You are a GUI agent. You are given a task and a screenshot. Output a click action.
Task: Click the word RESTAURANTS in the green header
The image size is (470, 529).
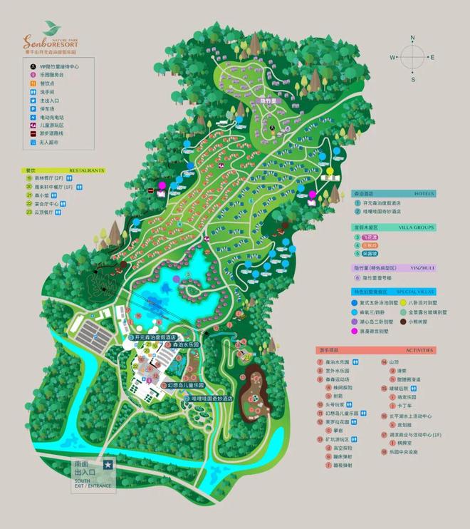tap(86, 170)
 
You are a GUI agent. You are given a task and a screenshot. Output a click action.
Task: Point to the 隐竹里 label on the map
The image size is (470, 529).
tap(271, 102)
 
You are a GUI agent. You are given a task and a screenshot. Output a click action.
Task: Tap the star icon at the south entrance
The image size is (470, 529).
tap(108, 464)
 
